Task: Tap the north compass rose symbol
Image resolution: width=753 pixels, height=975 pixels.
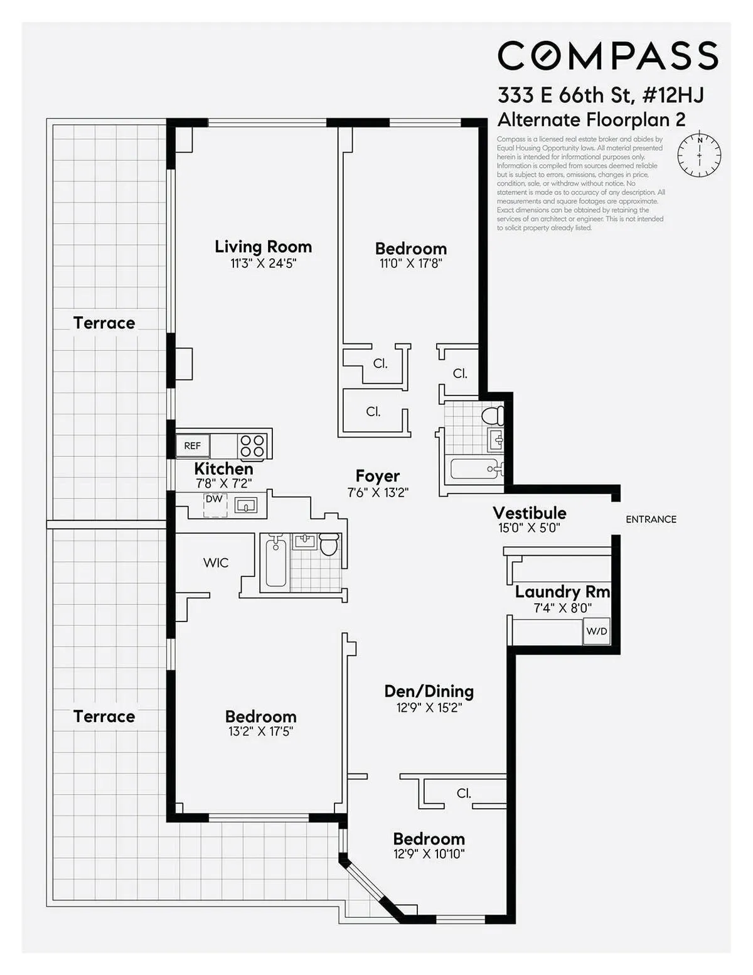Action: [699, 154]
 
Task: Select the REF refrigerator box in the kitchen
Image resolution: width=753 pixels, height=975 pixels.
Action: [193, 446]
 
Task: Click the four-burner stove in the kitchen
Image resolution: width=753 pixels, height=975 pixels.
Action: [252, 446]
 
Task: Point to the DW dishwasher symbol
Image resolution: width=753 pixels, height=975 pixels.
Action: [215, 505]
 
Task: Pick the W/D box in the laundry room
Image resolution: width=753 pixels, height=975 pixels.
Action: [597, 632]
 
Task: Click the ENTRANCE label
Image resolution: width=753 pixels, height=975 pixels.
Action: [651, 519]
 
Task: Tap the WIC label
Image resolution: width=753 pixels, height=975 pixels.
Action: [216, 563]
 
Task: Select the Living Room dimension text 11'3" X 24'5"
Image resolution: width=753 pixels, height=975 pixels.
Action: [263, 263]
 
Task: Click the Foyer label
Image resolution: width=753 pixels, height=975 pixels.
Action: [377, 476]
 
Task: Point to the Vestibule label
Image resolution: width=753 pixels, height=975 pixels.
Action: [529, 513]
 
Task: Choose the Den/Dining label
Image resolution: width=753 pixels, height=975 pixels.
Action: [429, 691]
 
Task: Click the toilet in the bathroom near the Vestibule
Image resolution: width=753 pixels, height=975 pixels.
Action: [493, 415]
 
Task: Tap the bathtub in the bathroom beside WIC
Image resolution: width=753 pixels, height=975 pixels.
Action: [275, 563]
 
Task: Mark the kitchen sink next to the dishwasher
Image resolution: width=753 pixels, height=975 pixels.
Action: [246, 505]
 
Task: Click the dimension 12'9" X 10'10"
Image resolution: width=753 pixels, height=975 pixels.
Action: [429, 854]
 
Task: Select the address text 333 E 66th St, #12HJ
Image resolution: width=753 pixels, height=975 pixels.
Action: [600, 95]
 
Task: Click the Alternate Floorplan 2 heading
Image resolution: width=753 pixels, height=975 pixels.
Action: [591, 119]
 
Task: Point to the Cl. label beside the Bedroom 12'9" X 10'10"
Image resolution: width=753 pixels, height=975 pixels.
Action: [464, 793]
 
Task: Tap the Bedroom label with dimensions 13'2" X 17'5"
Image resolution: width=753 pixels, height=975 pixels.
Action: [260, 716]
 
